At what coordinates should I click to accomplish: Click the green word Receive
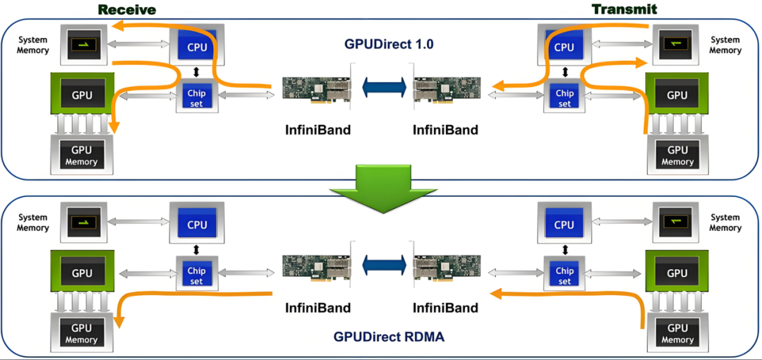coord(127,9)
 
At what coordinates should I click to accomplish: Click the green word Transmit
coord(624,9)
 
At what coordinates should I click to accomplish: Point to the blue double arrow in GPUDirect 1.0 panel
coord(383,88)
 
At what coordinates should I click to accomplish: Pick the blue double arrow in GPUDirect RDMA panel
coord(383,265)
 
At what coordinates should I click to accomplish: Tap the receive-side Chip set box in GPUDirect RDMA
coord(196,275)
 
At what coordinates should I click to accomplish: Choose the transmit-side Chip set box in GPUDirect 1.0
coord(564,97)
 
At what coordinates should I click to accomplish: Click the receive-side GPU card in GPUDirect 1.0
coord(82,95)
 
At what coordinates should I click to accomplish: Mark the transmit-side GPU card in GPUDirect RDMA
coord(677,272)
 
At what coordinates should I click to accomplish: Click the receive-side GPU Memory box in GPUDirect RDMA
coord(82,332)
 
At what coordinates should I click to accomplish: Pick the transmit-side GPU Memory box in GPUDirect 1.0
coord(677,155)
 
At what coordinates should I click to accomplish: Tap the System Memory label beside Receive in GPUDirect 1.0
coord(33,45)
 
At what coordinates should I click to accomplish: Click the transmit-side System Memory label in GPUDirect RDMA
coord(725,223)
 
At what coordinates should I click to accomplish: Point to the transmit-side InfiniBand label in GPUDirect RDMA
coord(445,308)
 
